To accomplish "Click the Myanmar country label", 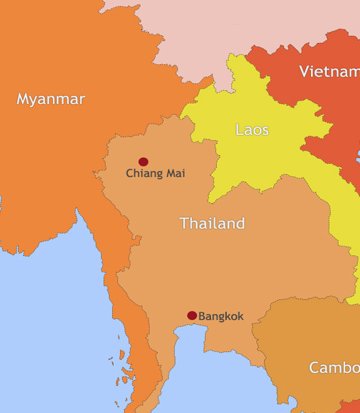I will (51, 99).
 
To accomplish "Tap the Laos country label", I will (252, 130).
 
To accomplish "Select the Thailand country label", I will (212, 223).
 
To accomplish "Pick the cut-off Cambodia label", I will (334, 367).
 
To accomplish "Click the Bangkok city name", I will (221, 317).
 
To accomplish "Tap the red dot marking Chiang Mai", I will (143, 161).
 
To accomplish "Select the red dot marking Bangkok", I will (192, 316).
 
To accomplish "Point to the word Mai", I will (174, 173).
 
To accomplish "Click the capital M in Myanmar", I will (23, 99).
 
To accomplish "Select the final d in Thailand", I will (240, 223).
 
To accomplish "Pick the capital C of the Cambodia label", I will (314, 367).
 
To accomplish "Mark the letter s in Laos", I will (265, 131).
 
